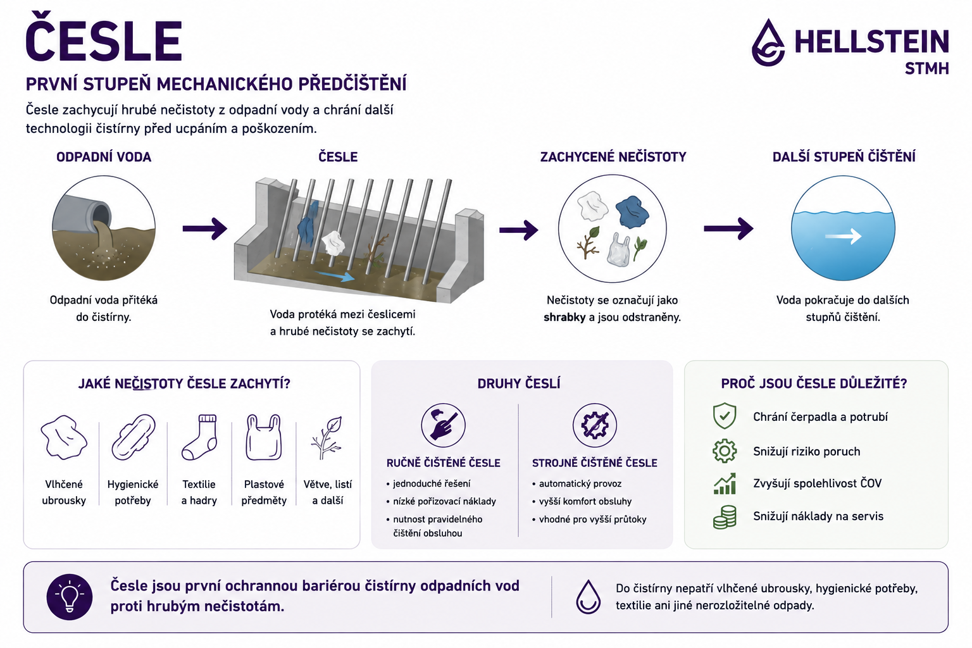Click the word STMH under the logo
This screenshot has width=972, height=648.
pos(927,68)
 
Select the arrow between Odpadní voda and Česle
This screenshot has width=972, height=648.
pos(204,228)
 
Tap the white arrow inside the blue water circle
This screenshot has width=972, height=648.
pos(843,237)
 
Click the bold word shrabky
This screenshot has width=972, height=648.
pos(564,317)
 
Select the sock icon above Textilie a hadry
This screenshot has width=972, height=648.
pos(199,437)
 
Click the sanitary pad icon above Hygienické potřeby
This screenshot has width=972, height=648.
pos(134,437)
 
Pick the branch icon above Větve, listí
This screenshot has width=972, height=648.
pos(327,437)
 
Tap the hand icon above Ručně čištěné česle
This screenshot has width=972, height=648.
pos(443,425)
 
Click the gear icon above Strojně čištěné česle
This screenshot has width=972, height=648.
pos(594,425)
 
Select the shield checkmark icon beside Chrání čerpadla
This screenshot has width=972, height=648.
pos(725,416)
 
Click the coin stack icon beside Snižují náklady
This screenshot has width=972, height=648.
pos(725,516)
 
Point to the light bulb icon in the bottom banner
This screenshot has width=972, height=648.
pos(70,597)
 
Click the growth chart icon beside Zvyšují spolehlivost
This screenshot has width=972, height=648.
pos(725,483)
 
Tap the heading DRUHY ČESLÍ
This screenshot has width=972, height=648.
pos(519,383)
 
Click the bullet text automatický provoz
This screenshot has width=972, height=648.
pos(580,483)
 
